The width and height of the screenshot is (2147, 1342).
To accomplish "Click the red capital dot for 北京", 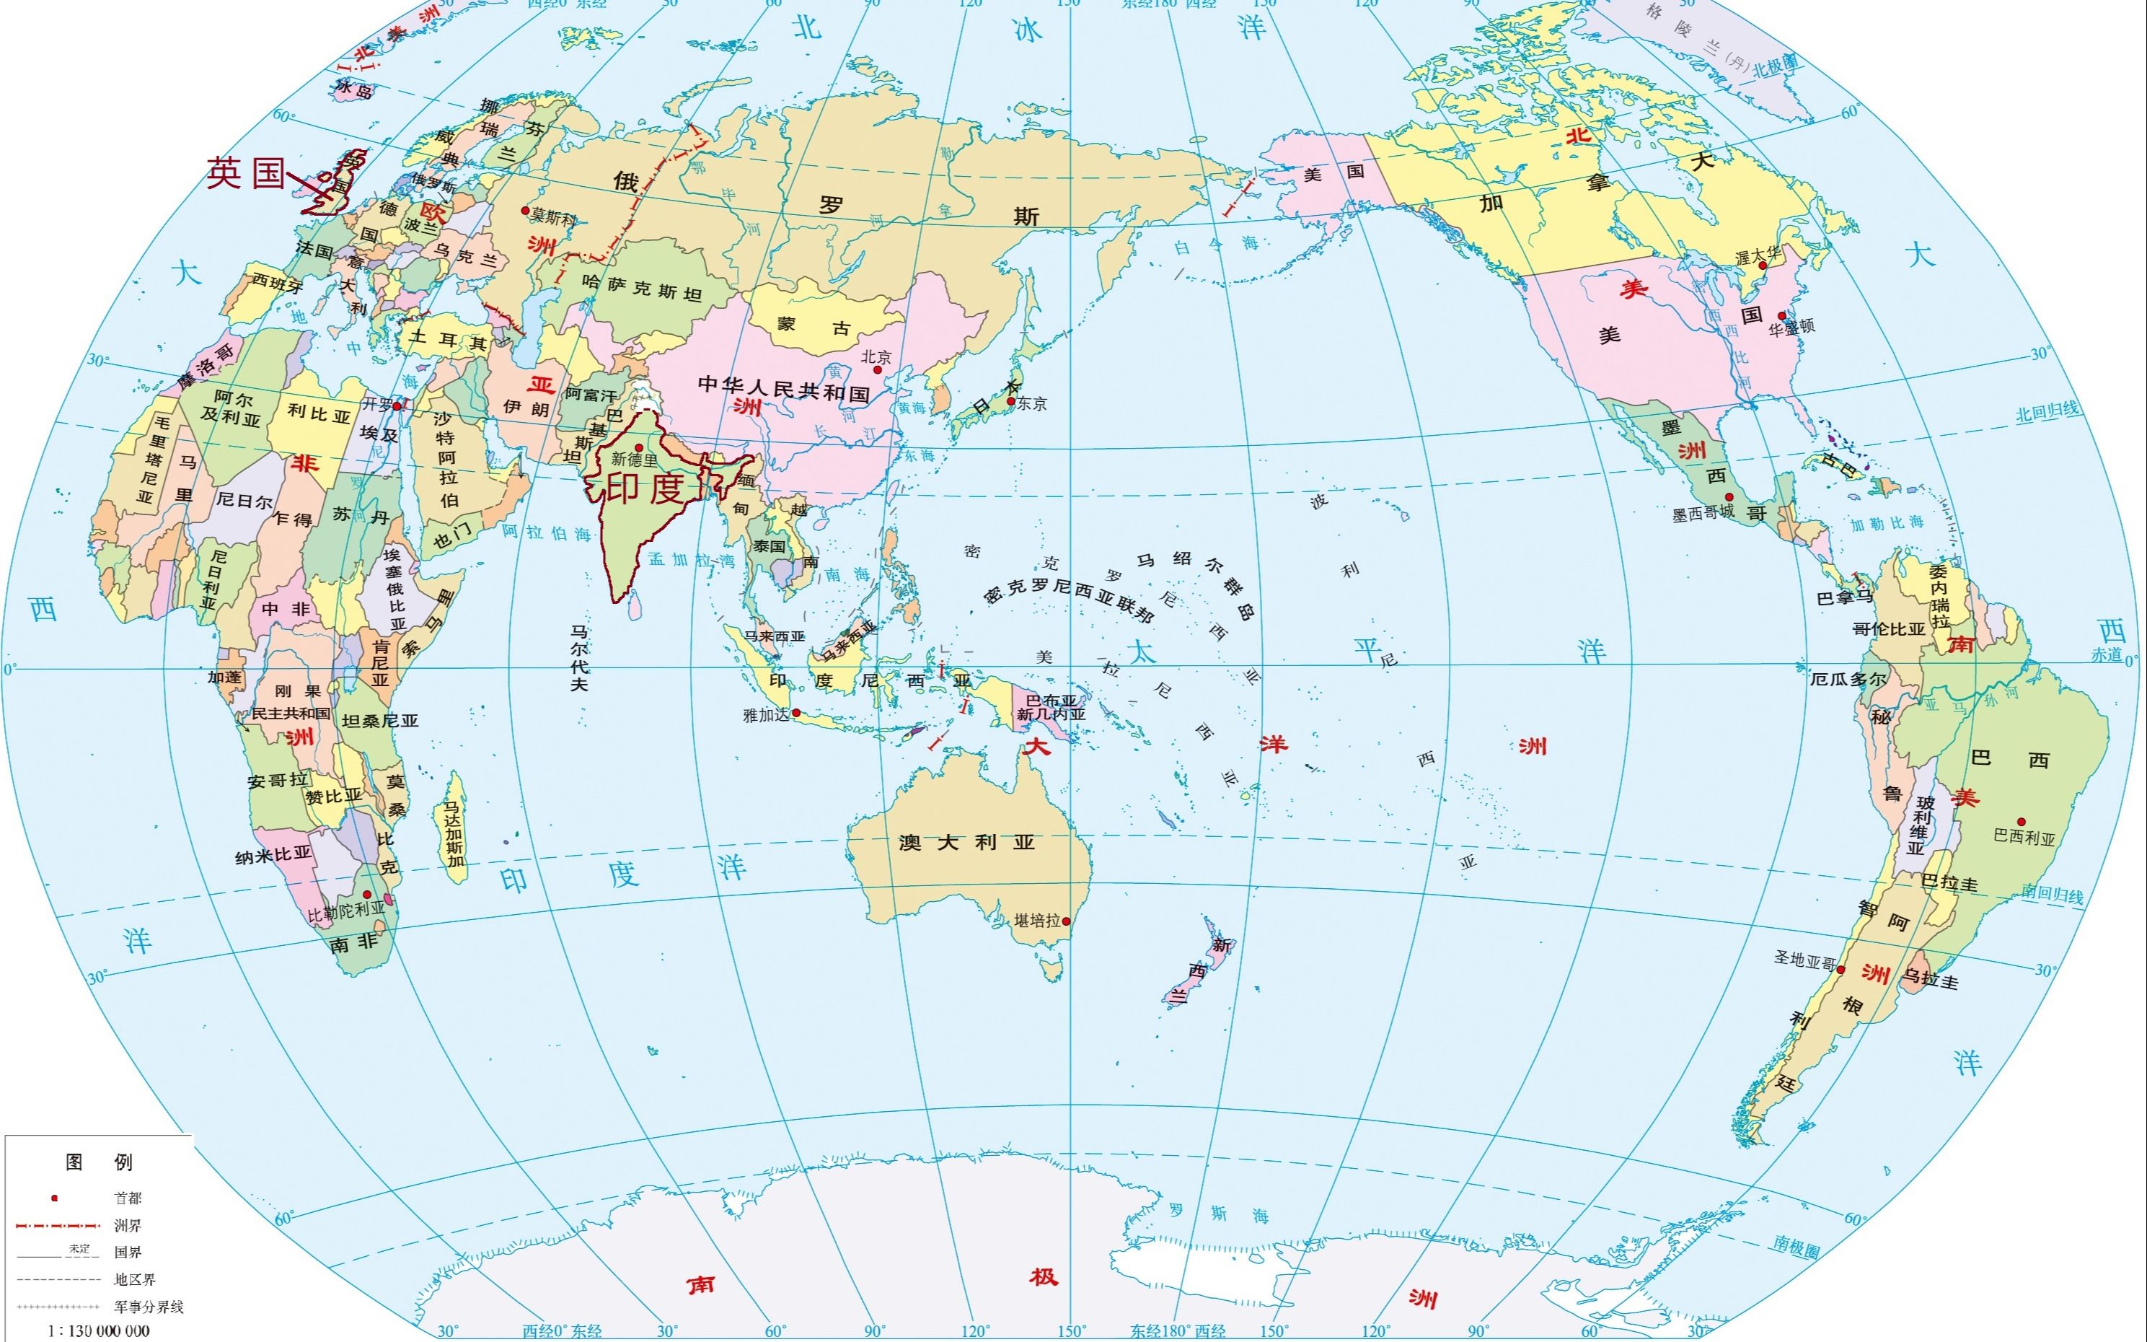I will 878,369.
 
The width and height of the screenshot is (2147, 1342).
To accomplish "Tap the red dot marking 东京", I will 1010,401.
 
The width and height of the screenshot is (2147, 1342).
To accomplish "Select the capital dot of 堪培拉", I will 1067,921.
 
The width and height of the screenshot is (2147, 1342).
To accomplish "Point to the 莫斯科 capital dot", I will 525,211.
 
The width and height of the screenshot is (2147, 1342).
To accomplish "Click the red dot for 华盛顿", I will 1781,316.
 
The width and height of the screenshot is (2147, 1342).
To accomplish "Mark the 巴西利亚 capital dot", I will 2021,822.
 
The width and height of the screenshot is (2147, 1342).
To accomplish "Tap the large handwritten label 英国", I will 246,172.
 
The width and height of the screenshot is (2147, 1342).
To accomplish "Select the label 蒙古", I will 814,325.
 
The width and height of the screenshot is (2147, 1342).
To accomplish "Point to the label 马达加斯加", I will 454,833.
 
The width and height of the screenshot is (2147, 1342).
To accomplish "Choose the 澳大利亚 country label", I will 966,841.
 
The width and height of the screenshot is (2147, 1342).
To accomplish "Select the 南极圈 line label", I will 1796,1247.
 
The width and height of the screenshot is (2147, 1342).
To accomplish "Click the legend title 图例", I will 99,1162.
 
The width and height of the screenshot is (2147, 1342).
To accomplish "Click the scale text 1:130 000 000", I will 100,1330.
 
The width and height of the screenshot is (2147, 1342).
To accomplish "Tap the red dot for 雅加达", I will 795,713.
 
